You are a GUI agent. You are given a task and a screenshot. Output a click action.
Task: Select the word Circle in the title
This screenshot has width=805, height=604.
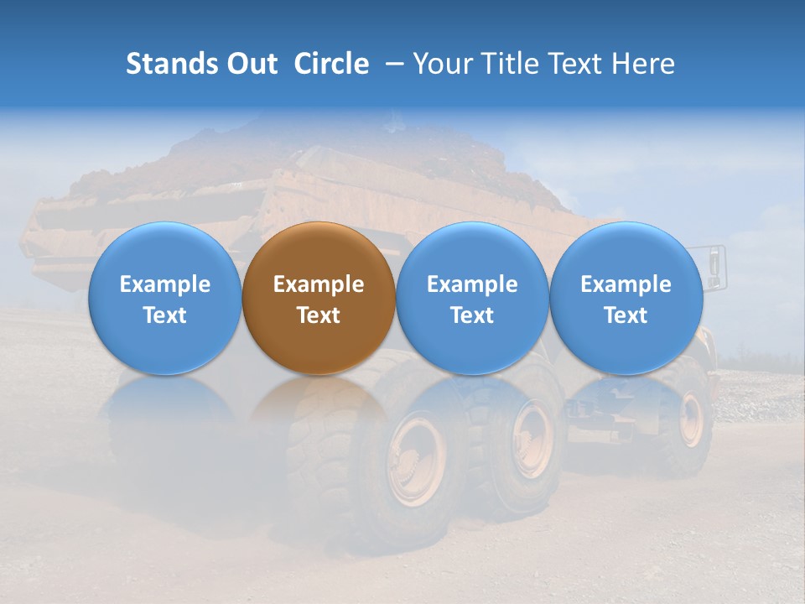331,64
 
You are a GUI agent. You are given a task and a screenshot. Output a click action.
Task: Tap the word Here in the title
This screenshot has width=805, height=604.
643,64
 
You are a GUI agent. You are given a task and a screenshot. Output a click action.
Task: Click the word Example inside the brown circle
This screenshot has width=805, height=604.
319,284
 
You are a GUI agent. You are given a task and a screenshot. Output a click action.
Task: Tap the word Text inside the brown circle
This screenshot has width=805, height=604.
319,315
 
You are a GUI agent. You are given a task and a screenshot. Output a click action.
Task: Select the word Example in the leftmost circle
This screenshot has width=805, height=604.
164,284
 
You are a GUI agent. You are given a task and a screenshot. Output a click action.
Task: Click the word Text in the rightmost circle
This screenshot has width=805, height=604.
626,315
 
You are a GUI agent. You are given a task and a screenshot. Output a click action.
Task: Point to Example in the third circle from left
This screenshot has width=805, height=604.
472,284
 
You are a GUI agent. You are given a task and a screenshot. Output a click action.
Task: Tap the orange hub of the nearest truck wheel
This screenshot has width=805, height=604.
416,460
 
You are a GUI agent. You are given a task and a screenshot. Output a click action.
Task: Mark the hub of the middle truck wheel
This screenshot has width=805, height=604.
532,439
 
